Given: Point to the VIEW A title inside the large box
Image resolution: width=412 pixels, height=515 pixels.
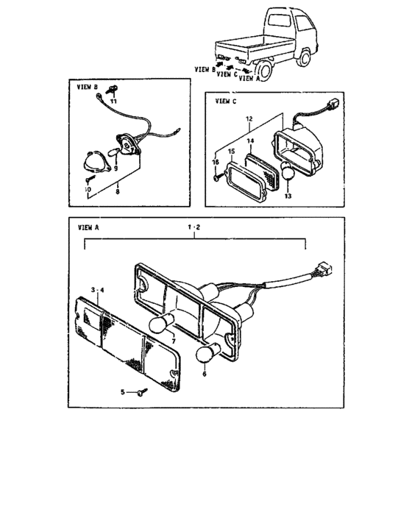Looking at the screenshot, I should [x=88, y=228].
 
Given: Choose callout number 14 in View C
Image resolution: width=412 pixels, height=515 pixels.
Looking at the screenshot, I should [x=249, y=140].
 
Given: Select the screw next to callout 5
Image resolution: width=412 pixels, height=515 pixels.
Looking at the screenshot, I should [x=140, y=394].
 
